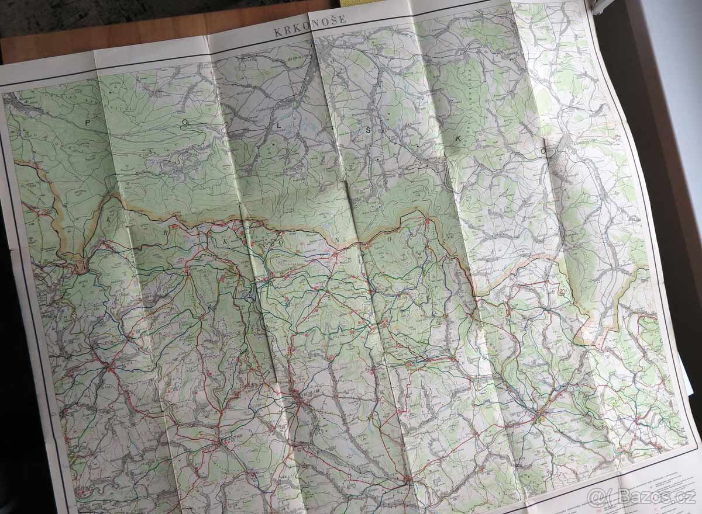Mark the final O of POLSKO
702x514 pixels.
pos(543,150)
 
